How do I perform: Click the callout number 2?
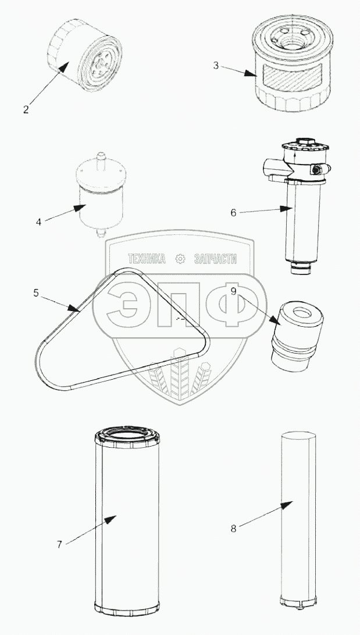(x=26, y=109)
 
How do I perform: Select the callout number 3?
(x=216, y=65)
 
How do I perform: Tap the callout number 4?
(x=38, y=222)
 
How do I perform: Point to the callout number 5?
(x=36, y=293)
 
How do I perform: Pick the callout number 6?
(x=233, y=213)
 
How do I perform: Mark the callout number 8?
(x=233, y=529)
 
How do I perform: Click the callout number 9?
(x=234, y=291)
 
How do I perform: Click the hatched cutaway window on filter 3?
(x=292, y=79)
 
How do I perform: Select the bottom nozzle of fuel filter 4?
(x=101, y=233)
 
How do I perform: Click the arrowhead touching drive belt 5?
(x=74, y=309)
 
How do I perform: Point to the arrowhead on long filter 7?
(x=110, y=519)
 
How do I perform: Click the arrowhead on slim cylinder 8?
(x=287, y=505)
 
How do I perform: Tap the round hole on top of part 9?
(x=301, y=312)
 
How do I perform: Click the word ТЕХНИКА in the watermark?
(x=147, y=259)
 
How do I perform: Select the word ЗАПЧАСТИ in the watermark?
(x=215, y=259)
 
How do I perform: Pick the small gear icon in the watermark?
(x=180, y=259)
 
